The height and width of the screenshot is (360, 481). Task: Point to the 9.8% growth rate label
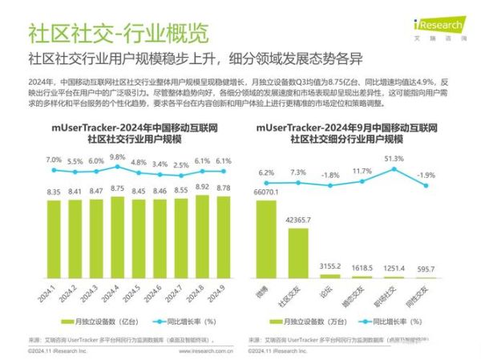pyautogui.click(x=118, y=158)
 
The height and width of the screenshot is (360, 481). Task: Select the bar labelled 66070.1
pyautogui.click(x=265, y=241)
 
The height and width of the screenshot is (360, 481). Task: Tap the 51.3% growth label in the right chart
pyautogui.click(x=394, y=159)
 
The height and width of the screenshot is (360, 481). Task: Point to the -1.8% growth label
pyautogui.click(x=329, y=174)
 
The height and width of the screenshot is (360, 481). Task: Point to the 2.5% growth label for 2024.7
pyautogui.click(x=182, y=164)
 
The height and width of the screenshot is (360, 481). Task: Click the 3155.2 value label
pyautogui.click(x=330, y=265)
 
